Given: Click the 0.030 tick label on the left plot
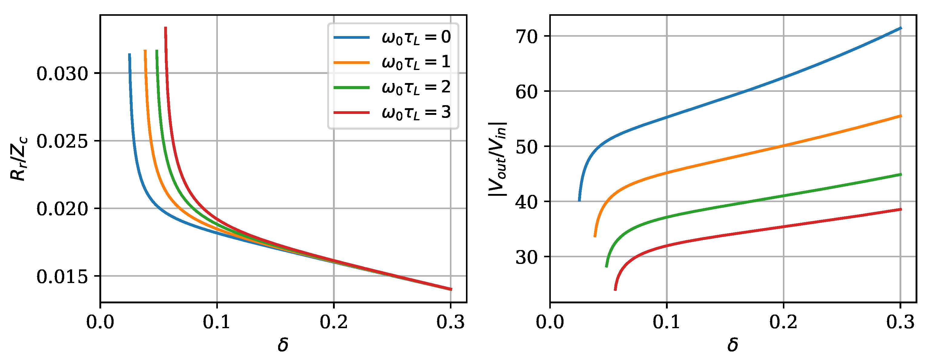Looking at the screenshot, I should pyautogui.click(x=62, y=74).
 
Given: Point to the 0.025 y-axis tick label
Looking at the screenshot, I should pyautogui.click(x=62, y=141).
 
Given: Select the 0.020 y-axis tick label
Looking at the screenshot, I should pyautogui.click(x=62, y=209).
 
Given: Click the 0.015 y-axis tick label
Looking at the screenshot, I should pyautogui.click(x=62, y=276).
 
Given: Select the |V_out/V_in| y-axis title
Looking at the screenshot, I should pyautogui.click(x=498, y=160).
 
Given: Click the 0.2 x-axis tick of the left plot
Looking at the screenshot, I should pyautogui.click(x=334, y=322).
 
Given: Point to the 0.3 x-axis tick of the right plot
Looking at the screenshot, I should pyautogui.click(x=900, y=322).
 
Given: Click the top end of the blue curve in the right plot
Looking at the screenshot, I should pyautogui.click(x=901, y=28).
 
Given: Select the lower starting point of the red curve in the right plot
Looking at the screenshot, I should pyautogui.click(x=615, y=289).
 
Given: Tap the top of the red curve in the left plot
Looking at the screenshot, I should pyautogui.click(x=165, y=27).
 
